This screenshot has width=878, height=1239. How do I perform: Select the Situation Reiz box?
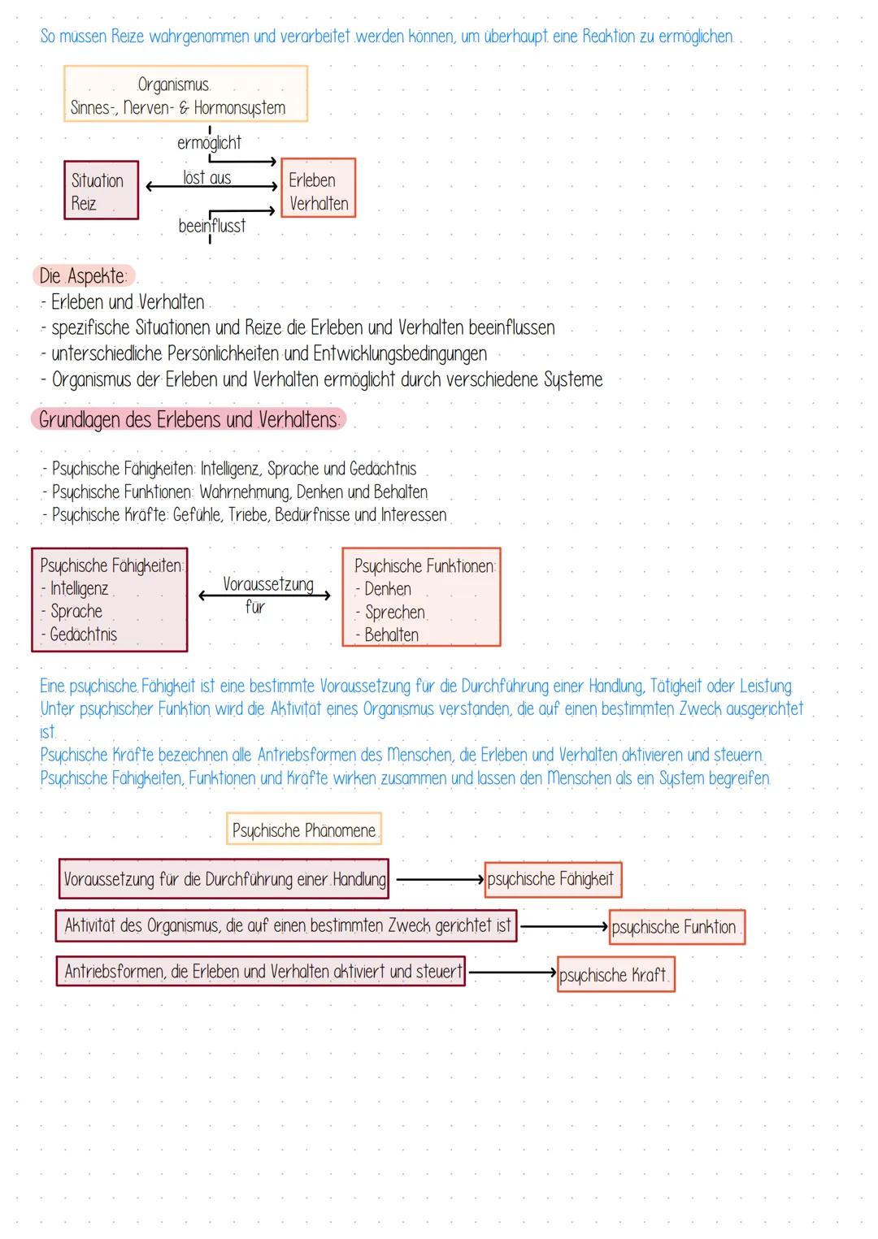101,191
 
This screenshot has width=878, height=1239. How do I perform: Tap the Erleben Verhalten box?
318,188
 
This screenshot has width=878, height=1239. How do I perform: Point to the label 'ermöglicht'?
209,143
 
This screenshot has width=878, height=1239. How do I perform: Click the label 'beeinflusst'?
211,226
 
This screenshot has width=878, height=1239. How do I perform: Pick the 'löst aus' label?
207,178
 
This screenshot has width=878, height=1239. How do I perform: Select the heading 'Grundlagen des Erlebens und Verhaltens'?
189,420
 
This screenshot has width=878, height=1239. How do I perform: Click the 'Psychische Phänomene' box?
304,830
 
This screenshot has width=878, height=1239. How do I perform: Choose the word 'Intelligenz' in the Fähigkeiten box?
79,588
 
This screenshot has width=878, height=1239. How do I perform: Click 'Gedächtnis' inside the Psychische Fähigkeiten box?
83,635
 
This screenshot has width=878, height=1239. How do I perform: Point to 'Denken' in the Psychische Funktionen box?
387,589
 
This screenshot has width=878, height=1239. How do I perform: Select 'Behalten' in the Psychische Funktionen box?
391,635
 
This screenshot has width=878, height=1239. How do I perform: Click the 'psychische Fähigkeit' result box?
552,879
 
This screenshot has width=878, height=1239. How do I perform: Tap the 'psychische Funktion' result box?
676,927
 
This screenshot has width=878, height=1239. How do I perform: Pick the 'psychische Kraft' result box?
615,975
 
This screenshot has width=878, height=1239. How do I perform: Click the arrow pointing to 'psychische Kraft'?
512,972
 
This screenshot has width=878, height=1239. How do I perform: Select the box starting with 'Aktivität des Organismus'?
287,925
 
